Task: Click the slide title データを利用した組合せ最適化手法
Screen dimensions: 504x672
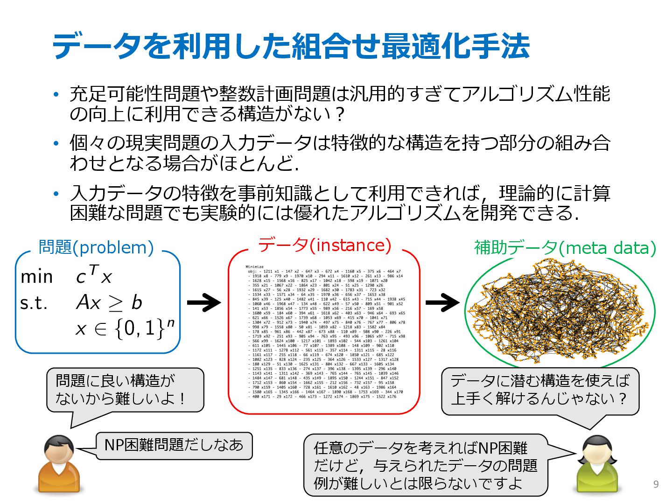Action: coord(290,46)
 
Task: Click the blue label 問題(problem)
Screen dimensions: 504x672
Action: coord(96,247)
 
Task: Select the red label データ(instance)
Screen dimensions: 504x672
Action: coord(324,245)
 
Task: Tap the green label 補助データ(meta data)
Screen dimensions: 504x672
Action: coord(565,247)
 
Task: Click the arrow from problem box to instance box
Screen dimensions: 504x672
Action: coord(203,303)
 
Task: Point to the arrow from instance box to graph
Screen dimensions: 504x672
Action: coord(442,303)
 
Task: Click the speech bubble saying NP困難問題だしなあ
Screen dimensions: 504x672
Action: coord(174,445)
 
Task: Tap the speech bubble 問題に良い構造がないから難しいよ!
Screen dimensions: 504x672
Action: coord(125,390)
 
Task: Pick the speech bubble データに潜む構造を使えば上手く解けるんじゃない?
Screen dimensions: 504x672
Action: coord(540,390)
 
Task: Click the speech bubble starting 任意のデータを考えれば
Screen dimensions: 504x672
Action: coord(425,465)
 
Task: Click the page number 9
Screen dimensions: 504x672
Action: coord(656,484)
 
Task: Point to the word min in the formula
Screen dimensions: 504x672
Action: coord(37,277)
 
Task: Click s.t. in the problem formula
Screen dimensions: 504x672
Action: coord(34,303)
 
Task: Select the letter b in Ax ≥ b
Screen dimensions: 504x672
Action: coord(136,302)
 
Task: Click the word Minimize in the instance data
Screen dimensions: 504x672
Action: coord(254,266)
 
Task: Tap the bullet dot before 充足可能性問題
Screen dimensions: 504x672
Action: coord(56,94)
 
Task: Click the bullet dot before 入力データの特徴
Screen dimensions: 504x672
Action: coord(56,193)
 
